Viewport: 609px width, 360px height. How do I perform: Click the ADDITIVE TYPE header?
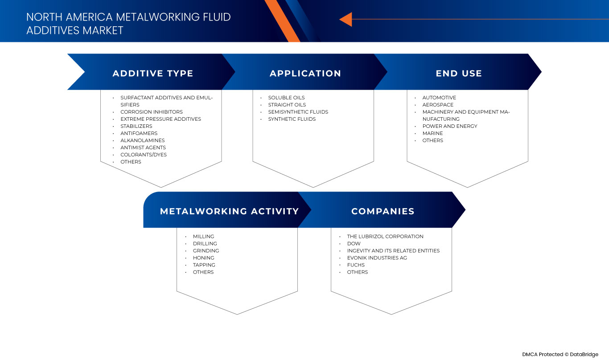click(152, 74)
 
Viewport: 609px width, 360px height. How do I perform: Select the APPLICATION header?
click(305, 74)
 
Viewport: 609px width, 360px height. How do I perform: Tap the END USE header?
click(459, 74)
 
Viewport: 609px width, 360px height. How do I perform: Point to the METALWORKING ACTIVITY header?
click(229, 211)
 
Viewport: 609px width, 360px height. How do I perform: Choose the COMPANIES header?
click(383, 211)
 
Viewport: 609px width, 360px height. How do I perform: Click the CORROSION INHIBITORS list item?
click(151, 112)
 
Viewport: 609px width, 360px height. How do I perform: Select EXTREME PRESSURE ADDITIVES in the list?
click(160, 119)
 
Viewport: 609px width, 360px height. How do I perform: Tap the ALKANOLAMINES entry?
click(142, 140)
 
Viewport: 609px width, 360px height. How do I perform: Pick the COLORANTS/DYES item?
click(143, 155)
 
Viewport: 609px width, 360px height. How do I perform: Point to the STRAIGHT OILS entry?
click(287, 105)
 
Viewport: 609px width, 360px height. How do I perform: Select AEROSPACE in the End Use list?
click(438, 105)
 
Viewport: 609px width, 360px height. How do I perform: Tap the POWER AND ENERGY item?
click(449, 126)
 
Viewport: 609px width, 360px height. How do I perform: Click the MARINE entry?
click(432, 133)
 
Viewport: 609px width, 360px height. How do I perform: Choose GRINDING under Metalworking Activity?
click(206, 251)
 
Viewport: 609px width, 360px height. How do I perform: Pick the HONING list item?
click(203, 258)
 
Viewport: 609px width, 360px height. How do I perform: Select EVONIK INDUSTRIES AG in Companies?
click(377, 258)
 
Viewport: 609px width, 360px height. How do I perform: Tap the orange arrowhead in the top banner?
click(346, 19)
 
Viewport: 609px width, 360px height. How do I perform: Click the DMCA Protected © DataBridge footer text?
click(560, 354)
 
